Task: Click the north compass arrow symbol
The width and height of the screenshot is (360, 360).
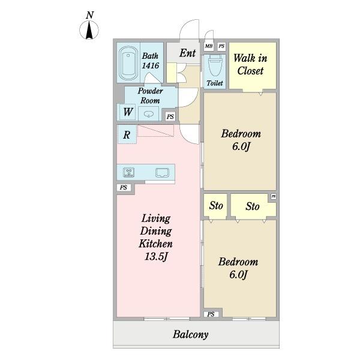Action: coord(89,29)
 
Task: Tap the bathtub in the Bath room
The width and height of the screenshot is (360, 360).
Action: coord(128,63)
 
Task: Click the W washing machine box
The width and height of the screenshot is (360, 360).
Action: coord(128,112)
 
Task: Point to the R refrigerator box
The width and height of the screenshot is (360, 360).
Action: coord(127,134)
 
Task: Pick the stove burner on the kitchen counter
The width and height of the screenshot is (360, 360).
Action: coord(128,172)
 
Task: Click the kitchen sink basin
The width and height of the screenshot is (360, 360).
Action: coord(163,173)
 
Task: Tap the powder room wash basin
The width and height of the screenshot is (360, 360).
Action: coord(148,114)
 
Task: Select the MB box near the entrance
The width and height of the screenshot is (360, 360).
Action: coord(208,46)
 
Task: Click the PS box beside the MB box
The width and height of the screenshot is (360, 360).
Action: coord(221,46)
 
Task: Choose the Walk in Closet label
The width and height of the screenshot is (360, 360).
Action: coord(250,64)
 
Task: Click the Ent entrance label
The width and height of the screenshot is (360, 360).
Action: coord(188,53)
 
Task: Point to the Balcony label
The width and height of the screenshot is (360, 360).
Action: coord(191,334)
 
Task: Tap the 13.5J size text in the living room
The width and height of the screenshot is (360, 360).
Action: coord(156,256)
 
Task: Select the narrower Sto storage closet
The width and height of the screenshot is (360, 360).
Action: coord(215,206)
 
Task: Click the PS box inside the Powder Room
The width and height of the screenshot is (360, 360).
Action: coord(170,116)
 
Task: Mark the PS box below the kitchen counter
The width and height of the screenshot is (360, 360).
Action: coord(124,188)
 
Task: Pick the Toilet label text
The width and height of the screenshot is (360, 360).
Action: coord(215,83)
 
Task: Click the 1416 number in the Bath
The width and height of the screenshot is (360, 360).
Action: coord(151,65)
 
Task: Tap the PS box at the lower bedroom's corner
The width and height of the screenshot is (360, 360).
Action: coord(211,314)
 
